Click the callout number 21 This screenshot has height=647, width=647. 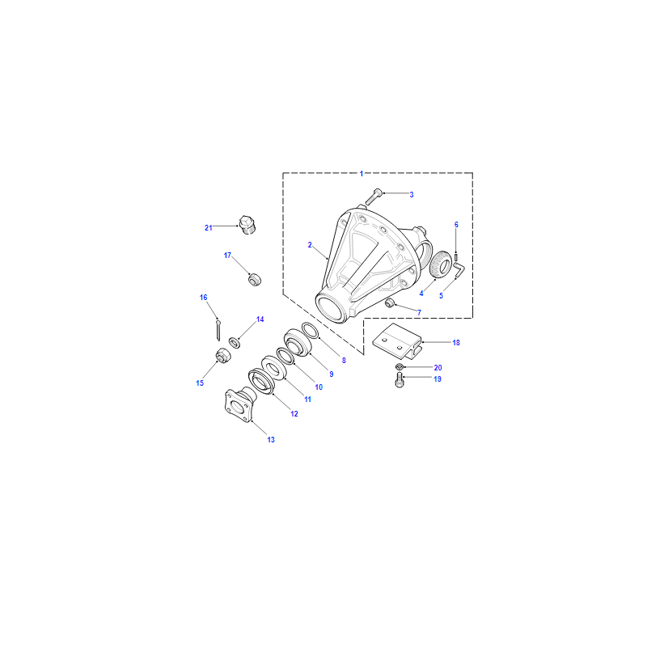pos(209,228)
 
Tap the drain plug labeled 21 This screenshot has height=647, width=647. pos(247,225)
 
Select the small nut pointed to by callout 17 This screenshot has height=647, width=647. pos(255,279)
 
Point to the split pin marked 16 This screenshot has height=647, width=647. pos(218,330)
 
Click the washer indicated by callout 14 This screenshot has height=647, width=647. pos(235,342)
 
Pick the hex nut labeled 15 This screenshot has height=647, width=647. pos(223,356)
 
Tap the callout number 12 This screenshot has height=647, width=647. pos(294,414)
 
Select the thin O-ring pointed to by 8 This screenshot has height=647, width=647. pos(311,331)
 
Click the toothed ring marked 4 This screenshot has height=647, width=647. pos(440,264)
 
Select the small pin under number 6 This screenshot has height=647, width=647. pos(456,257)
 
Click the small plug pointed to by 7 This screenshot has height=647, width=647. pos(390,304)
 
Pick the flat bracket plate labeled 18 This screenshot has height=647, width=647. pos(397,340)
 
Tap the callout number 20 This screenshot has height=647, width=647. pos(438,368)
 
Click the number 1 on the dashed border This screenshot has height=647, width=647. pos(362,174)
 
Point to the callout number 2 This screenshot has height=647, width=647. pos(310,245)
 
